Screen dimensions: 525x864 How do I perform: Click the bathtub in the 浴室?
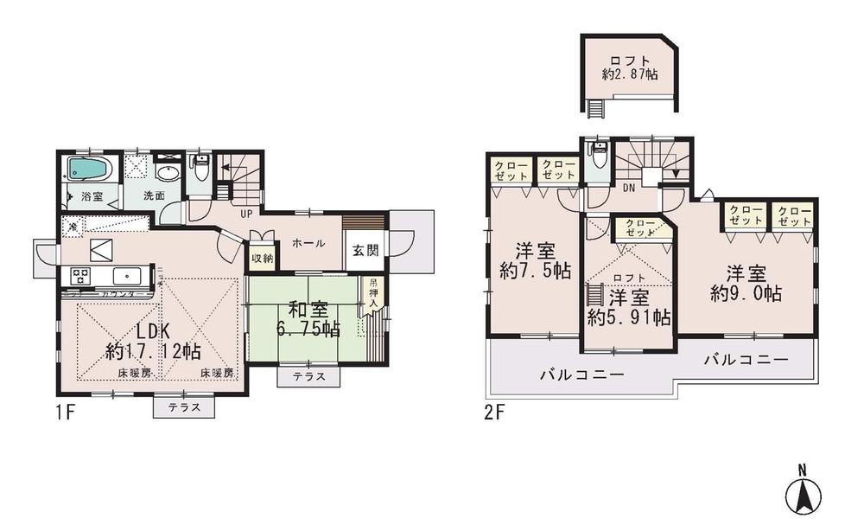coord(89,170)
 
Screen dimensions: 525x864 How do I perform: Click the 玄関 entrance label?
coord(364,251)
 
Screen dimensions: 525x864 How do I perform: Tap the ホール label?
coord(308,243)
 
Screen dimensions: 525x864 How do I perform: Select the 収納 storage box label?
coord(262,258)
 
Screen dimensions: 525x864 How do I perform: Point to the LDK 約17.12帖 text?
coord(154,343)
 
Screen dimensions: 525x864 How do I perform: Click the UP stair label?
coord(246,213)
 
